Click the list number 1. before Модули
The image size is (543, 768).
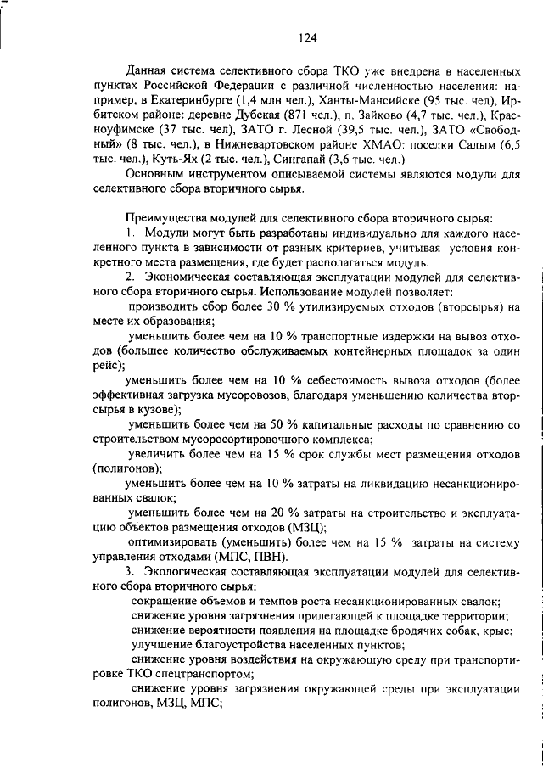coord(131,232)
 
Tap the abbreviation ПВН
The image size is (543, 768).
coord(271,558)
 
